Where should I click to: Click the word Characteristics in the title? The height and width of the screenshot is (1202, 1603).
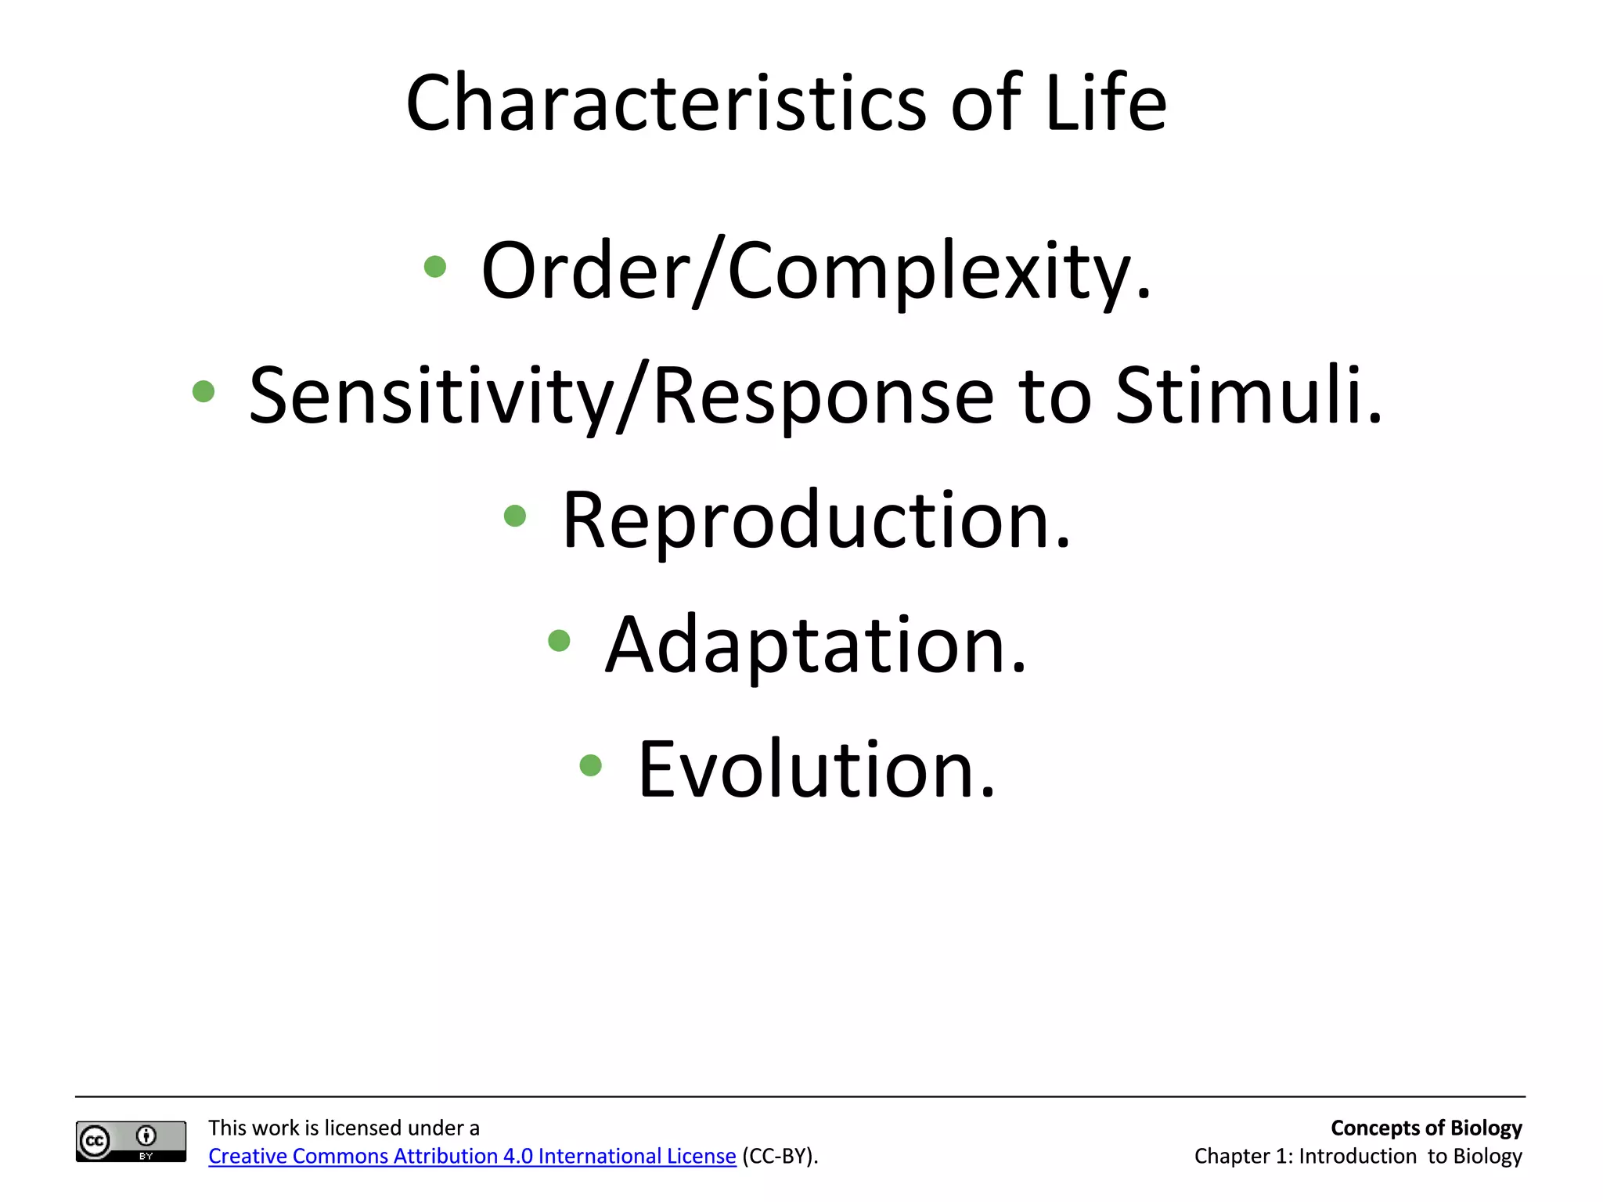(x=666, y=104)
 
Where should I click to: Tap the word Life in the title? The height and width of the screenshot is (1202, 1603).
(x=1105, y=104)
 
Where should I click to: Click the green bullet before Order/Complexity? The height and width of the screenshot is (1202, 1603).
(x=434, y=267)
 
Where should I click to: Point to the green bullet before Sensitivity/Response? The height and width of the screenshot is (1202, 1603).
(x=204, y=391)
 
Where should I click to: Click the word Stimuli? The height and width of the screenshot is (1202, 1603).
(x=1248, y=396)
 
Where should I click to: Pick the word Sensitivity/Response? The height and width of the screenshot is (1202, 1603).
(x=621, y=396)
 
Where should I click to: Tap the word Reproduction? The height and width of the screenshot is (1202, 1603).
(x=816, y=521)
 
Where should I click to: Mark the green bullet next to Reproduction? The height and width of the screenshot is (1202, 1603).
(x=515, y=516)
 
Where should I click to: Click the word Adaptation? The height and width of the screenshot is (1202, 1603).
(x=816, y=646)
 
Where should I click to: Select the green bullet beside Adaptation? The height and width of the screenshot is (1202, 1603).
(x=559, y=641)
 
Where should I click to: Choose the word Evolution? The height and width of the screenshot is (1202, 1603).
(x=816, y=770)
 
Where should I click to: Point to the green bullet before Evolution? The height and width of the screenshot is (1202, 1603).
(x=591, y=765)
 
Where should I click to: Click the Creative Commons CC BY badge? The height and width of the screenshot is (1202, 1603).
(x=131, y=1141)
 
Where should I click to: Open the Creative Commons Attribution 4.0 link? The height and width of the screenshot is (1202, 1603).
(x=472, y=1156)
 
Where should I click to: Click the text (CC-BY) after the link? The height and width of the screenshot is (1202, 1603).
(x=779, y=1156)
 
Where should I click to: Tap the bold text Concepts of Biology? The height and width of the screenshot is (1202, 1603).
(x=1425, y=1128)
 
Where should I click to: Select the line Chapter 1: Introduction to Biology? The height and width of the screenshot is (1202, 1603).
(x=1357, y=1156)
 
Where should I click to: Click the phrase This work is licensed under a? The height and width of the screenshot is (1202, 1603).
(x=344, y=1128)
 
